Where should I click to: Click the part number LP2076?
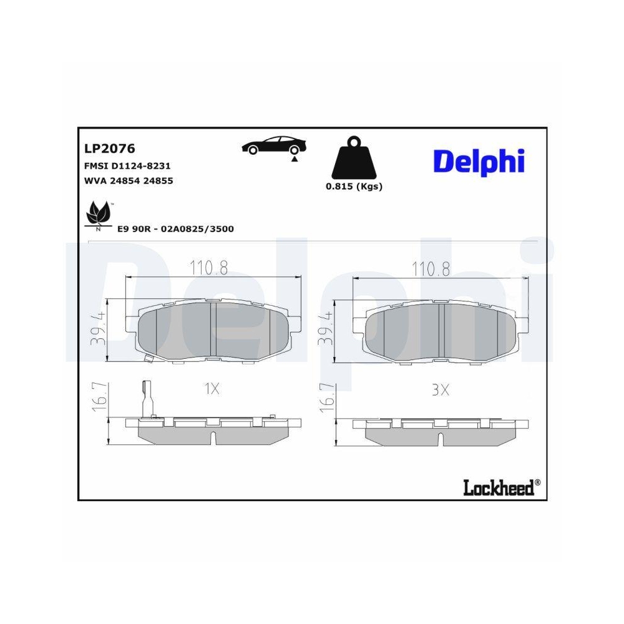pyautogui.click(x=110, y=149)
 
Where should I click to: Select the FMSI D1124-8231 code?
pyautogui.click(x=127, y=166)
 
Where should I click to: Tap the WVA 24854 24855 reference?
pyautogui.click(x=128, y=181)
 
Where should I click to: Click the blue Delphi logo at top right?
pyautogui.click(x=479, y=162)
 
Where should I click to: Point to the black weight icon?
pyautogui.click(x=353, y=159)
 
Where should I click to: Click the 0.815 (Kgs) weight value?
pyautogui.click(x=354, y=187)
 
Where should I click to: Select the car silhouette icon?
pyautogui.click(x=275, y=145)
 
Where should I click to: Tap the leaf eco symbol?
pyautogui.click(x=98, y=213)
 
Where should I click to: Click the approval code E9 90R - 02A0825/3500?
pyautogui.click(x=175, y=229)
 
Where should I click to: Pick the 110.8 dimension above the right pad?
pyautogui.click(x=431, y=268)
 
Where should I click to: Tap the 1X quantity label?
pyautogui.click(x=212, y=389)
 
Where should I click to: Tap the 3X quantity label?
pyautogui.click(x=441, y=389)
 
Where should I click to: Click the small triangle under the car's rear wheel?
pyautogui.click(x=293, y=160)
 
